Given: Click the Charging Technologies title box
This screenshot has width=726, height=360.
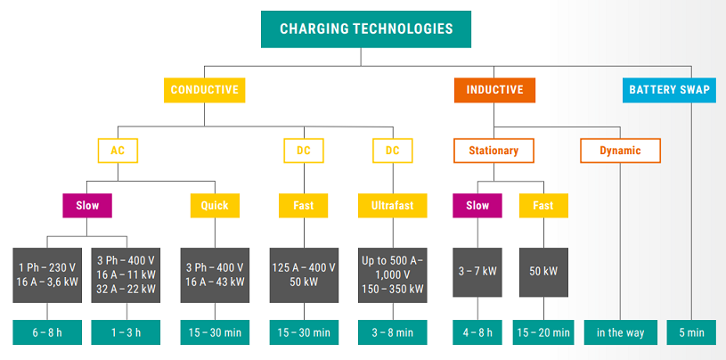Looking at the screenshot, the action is coord(366,29).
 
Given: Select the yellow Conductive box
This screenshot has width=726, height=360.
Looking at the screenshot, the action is coord(204,90).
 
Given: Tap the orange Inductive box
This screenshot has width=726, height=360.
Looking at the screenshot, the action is coord(494,90).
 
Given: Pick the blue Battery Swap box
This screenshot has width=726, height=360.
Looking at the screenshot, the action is coord(669,90).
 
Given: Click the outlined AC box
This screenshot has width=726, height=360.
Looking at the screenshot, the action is coord(118,151).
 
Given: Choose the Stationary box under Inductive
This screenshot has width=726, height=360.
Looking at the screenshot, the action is coord(494,151).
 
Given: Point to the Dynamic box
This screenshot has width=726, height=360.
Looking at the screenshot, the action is coord(620,151).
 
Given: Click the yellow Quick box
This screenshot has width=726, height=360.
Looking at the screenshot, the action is coord(215,205).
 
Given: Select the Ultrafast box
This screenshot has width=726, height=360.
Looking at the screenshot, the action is coord(393,205).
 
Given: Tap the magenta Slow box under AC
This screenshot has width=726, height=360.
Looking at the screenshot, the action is coord(87,205).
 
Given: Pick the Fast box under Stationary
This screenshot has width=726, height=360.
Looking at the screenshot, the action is coord(543,205).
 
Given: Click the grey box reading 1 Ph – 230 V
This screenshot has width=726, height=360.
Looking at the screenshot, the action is coord(47,275).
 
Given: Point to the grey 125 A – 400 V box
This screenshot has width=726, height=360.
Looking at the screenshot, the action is coord(304,275).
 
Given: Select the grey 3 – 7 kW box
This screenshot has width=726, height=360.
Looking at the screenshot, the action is coord(477,273).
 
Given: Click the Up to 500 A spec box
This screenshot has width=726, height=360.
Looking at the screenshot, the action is coord(393,275).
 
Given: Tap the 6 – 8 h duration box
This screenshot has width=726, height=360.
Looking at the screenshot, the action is coord(47,332).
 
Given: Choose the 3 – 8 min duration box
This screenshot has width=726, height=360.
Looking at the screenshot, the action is coord(393,332).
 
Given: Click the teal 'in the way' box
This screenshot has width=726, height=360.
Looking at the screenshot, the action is coord(620,332).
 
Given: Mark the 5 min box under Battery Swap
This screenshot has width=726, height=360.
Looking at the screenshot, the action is coord(692,332).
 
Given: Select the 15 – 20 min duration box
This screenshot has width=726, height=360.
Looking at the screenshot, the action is coord(543,332).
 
